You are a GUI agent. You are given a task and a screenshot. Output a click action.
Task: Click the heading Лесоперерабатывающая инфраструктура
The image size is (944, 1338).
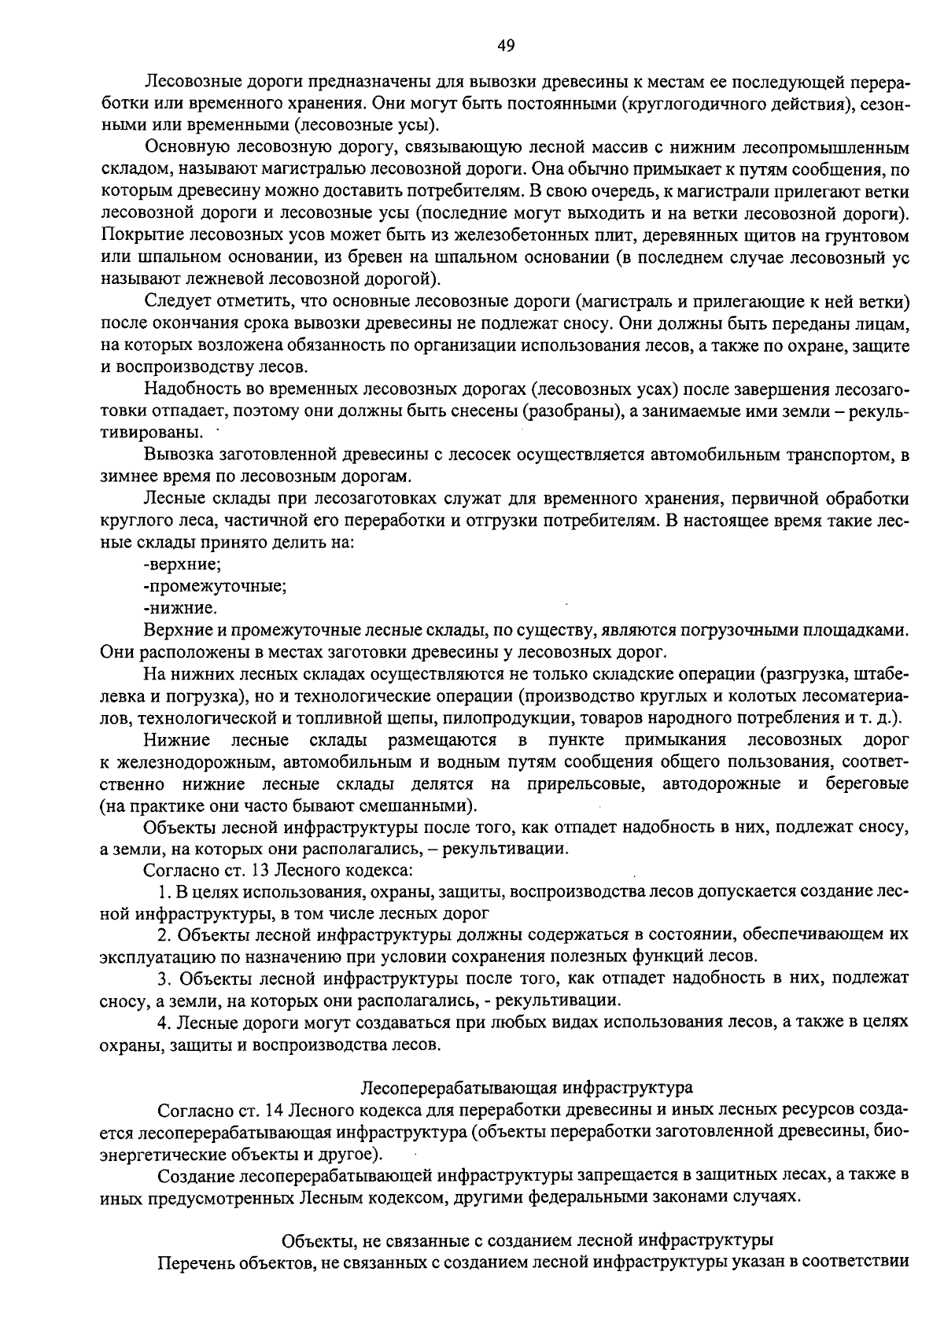[x=526, y=1088]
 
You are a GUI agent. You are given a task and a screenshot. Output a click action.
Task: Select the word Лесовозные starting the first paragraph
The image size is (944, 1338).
[x=186, y=82]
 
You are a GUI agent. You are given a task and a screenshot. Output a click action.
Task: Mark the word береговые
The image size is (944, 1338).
[x=867, y=784]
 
